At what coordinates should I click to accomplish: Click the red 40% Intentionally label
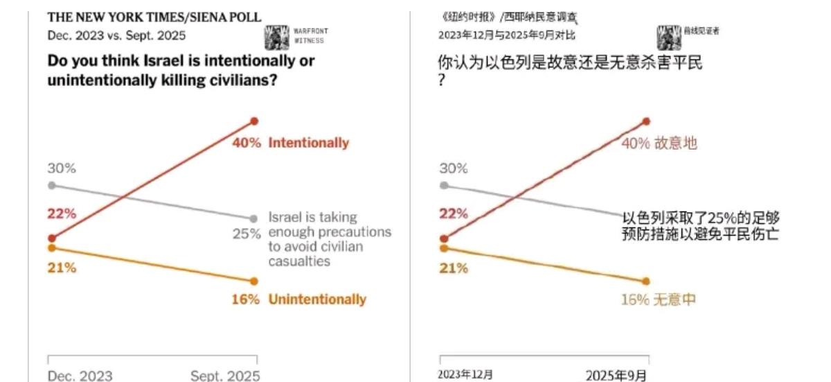tap(289, 144)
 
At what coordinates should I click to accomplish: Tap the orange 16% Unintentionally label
tap(298, 299)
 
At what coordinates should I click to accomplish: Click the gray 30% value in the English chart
tap(62, 168)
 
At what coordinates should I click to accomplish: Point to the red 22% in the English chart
tap(62, 214)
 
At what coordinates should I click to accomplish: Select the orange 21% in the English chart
tap(62, 268)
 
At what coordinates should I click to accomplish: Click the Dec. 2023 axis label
tap(80, 376)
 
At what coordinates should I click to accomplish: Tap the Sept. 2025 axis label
tap(225, 376)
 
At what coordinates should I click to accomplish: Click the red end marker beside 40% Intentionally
tap(254, 121)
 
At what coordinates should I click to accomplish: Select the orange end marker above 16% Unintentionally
tap(254, 281)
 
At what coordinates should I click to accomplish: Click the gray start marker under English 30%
tap(51, 185)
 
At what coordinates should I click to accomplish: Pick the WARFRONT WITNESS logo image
tap(277, 37)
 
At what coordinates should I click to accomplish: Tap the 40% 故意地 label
tap(659, 144)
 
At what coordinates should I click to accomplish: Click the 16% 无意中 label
tap(659, 299)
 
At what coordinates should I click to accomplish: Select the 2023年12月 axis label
tap(465, 375)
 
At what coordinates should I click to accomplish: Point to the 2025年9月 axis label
tap(616, 375)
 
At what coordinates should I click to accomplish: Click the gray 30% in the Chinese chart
tap(454, 168)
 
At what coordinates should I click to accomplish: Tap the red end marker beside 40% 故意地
tap(647, 121)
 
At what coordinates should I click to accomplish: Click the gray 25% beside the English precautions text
tap(247, 234)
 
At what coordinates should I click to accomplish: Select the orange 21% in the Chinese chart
tap(454, 268)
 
